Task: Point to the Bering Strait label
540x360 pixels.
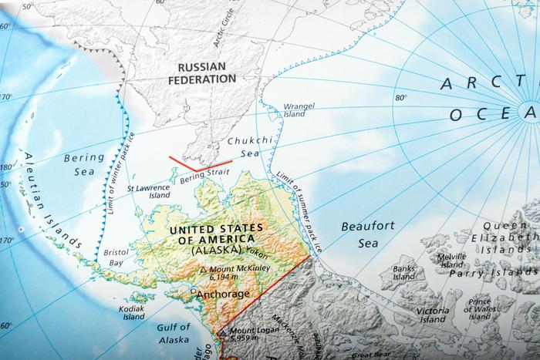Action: (205, 177)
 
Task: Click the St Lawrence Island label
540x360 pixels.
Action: (148, 191)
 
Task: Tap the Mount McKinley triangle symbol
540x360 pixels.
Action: (202, 270)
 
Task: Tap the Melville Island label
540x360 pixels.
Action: (451, 260)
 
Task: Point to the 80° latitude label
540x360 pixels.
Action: (401, 98)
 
